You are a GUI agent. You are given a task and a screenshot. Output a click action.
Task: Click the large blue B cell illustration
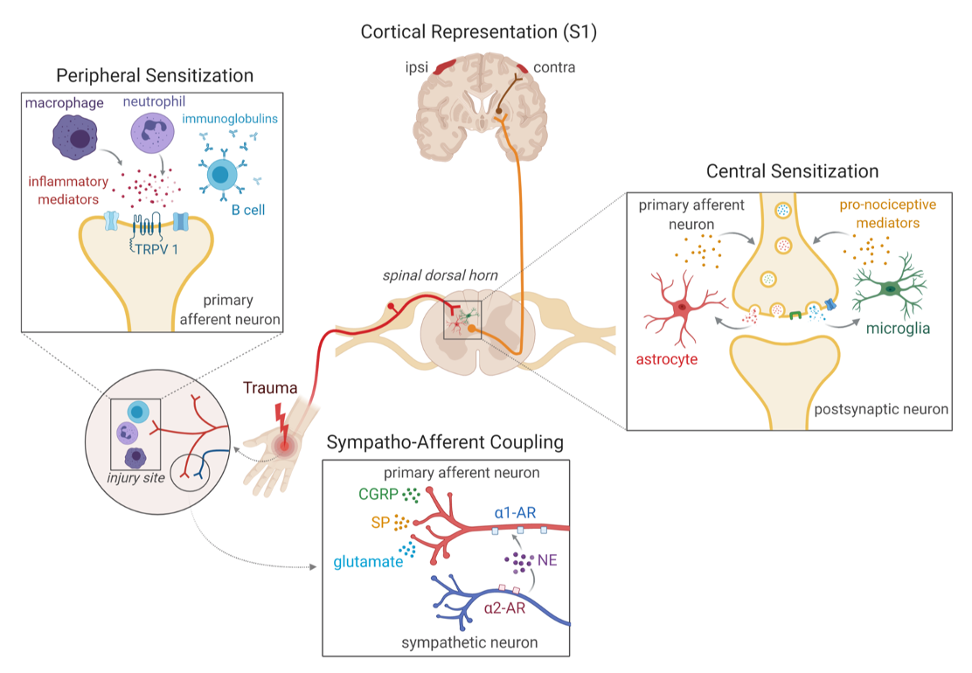222,173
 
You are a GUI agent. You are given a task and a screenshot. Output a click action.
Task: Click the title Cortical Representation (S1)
485,32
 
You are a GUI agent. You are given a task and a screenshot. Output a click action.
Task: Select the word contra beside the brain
554,66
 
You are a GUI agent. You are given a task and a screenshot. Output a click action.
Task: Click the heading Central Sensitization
792,170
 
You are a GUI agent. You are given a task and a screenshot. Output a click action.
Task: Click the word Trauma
271,387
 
